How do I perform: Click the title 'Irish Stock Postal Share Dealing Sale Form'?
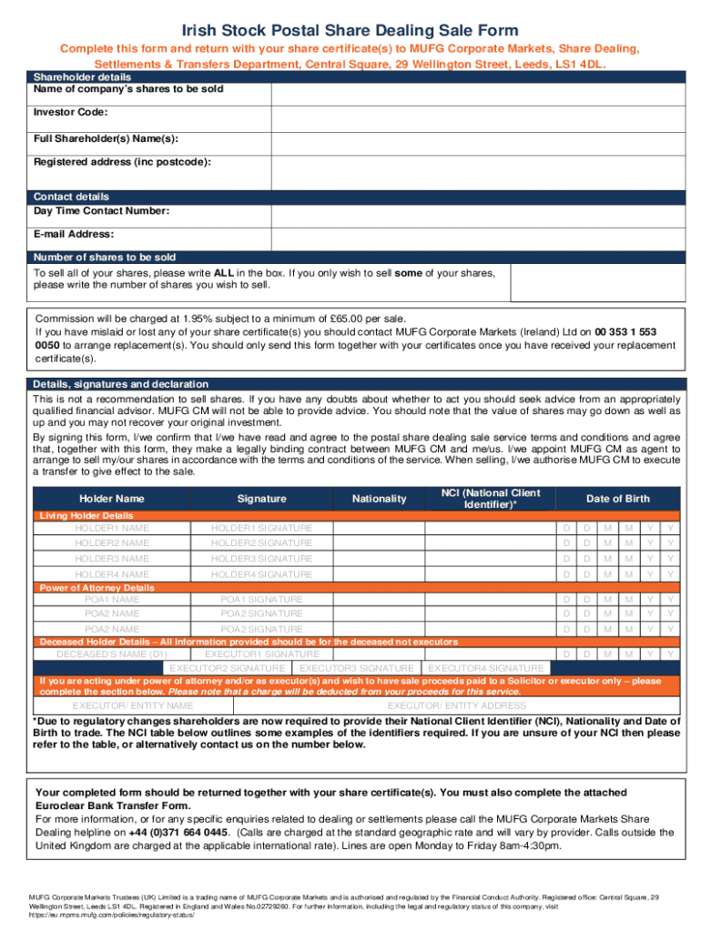pos(350,31)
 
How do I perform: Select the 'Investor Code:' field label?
pos(71,112)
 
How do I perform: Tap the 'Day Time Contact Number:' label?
pos(101,211)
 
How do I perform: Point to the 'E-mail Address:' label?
pos(74,235)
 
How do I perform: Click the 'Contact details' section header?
pos(71,197)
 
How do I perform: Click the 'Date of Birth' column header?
pos(618,499)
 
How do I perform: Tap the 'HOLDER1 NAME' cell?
pos(112,528)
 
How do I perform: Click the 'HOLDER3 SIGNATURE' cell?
pos(261,558)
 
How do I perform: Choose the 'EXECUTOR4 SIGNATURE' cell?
pos(484,668)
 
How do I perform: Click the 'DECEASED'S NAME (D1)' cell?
pos(112,654)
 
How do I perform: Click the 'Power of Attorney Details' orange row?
pos(97,588)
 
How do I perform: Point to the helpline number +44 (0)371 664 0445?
pos(178,832)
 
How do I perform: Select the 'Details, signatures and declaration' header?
pos(121,384)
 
